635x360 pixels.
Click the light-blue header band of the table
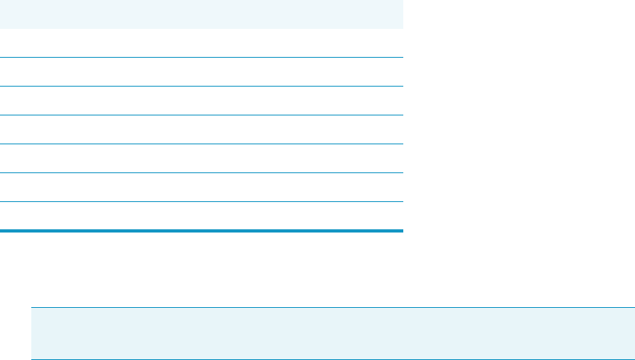point(200,14)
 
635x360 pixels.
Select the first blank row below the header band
point(200,43)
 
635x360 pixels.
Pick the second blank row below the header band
point(200,72)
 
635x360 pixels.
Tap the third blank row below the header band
point(200,101)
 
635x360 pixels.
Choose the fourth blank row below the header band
point(200,130)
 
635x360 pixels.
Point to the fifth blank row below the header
point(200,159)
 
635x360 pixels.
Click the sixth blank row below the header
point(200,188)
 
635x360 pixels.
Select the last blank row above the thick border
point(200,216)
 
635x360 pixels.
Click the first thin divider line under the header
point(200,57)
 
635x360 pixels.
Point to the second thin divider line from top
point(200,86)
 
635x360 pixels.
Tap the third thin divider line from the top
point(200,115)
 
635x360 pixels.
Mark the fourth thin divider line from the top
point(200,144)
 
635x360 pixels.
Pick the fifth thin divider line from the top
point(200,172)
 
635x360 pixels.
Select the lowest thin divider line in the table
point(200,201)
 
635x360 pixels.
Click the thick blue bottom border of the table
point(200,231)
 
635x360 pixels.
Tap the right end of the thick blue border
point(400,231)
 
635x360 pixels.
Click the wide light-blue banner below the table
point(333,334)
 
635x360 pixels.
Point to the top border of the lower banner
point(333,307)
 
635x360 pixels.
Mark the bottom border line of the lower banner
point(333,359)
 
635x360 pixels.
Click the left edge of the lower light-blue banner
point(33,334)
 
